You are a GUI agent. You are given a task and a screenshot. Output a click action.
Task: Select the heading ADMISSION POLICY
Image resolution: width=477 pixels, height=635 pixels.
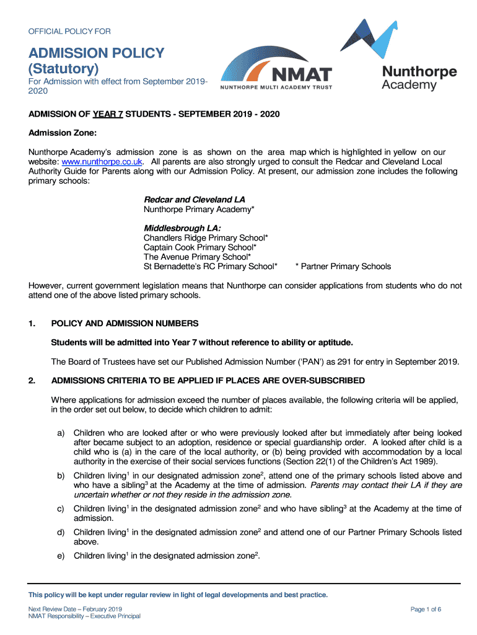click(x=97, y=53)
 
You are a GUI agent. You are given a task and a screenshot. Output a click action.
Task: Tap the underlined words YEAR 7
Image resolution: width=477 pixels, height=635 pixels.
click(x=108, y=115)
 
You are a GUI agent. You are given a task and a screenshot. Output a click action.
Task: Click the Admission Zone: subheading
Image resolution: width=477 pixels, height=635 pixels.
click(x=63, y=133)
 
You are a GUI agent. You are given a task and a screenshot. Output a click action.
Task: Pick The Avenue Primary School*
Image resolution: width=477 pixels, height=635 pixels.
click(x=197, y=257)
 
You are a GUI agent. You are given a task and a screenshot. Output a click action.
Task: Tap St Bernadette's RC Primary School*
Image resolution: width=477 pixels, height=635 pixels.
click(x=210, y=266)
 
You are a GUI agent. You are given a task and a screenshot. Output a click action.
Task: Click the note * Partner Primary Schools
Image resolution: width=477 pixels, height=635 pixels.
click(x=343, y=266)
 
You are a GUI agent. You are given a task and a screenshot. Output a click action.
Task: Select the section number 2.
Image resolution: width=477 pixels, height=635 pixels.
click(x=32, y=380)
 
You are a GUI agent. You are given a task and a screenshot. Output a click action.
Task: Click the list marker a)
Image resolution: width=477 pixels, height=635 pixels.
click(x=61, y=432)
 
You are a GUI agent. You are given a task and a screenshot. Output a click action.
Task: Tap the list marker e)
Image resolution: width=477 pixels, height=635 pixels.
click(x=61, y=556)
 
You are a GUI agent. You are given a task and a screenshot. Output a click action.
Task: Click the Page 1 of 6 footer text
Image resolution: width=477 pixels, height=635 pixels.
click(x=426, y=609)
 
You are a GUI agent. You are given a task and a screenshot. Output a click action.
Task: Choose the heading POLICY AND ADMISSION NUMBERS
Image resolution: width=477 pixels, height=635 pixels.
click(x=125, y=323)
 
